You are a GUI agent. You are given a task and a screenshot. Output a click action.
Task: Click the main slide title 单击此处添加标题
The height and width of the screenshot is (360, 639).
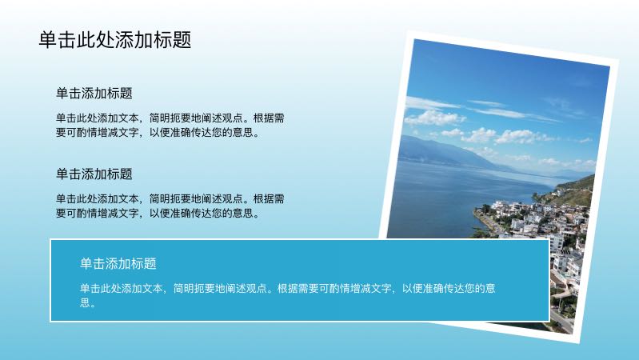pos(115,41)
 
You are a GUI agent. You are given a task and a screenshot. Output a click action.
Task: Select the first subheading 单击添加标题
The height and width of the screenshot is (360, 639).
pos(94,94)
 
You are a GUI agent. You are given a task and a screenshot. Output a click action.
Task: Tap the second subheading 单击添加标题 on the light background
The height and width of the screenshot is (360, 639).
pos(94,174)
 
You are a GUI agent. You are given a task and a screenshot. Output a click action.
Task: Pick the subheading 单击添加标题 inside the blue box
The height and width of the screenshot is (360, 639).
pos(118,263)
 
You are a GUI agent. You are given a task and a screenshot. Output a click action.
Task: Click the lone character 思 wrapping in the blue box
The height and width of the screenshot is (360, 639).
pos(86,304)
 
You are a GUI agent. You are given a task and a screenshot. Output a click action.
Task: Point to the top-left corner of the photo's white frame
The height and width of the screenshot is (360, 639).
pos(410,33)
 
